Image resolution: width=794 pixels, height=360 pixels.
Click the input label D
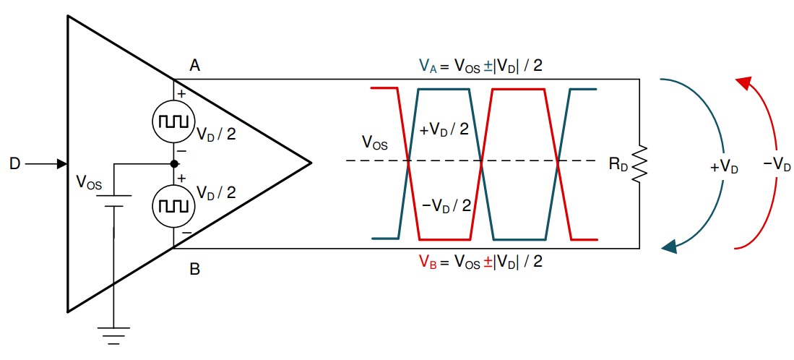coord(14,164)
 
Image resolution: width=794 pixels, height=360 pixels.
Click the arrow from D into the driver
coord(46,164)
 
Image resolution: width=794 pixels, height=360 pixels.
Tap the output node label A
coord(194,67)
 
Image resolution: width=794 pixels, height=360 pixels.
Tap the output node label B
coord(194,270)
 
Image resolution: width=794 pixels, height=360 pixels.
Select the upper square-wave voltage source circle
coord(173,121)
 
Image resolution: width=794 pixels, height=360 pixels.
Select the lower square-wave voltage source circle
coord(173,206)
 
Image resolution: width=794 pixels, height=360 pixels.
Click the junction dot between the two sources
coord(173,164)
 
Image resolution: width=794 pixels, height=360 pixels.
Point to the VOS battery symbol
coord(113,200)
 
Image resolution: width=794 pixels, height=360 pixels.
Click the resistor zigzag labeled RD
coord(639,165)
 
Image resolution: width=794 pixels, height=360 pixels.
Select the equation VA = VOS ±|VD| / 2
coord(481,67)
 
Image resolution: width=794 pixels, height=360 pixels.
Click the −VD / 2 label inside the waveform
coord(446,205)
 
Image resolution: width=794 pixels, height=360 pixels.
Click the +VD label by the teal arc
coord(724,168)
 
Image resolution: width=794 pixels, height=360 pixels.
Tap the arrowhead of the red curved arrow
coord(744,82)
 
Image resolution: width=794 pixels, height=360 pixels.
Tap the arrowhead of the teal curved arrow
coord(669,247)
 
